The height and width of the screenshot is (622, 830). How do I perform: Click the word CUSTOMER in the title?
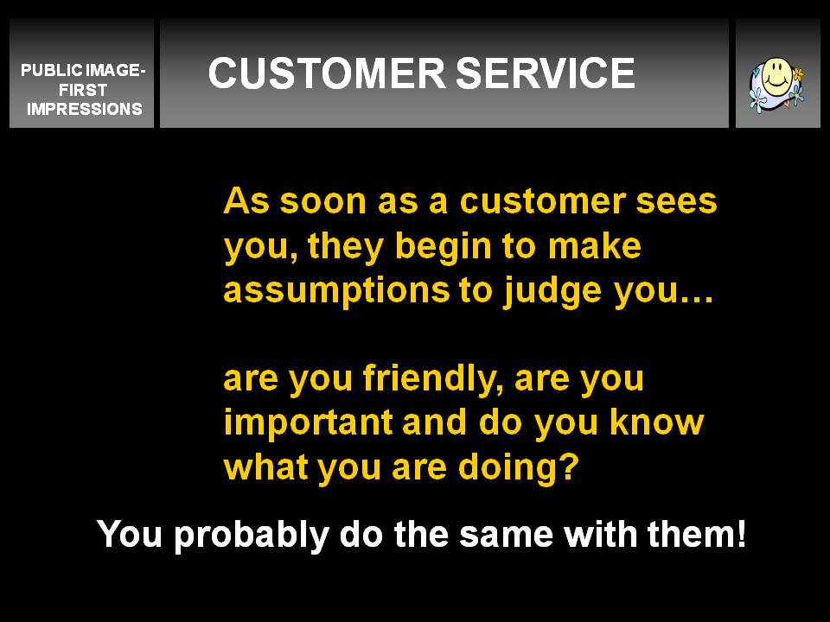point(327,73)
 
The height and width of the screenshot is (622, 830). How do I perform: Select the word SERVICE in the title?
point(546,73)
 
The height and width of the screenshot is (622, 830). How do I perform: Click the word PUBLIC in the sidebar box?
point(52,70)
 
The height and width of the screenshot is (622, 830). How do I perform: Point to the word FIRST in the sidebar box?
point(83,89)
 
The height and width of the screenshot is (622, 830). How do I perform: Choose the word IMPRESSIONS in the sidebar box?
point(85,109)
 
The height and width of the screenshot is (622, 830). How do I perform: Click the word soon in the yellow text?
point(322,201)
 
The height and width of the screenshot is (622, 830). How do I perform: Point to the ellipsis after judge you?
point(696,299)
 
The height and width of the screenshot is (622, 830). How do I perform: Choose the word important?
point(308,422)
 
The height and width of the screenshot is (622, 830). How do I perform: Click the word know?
point(656,422)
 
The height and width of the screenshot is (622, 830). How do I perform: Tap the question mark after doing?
point(569,466)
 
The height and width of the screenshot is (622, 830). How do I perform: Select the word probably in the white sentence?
point(252,534)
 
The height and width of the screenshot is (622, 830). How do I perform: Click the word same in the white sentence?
point(506,536)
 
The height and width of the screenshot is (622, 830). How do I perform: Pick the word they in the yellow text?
point(345,246)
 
